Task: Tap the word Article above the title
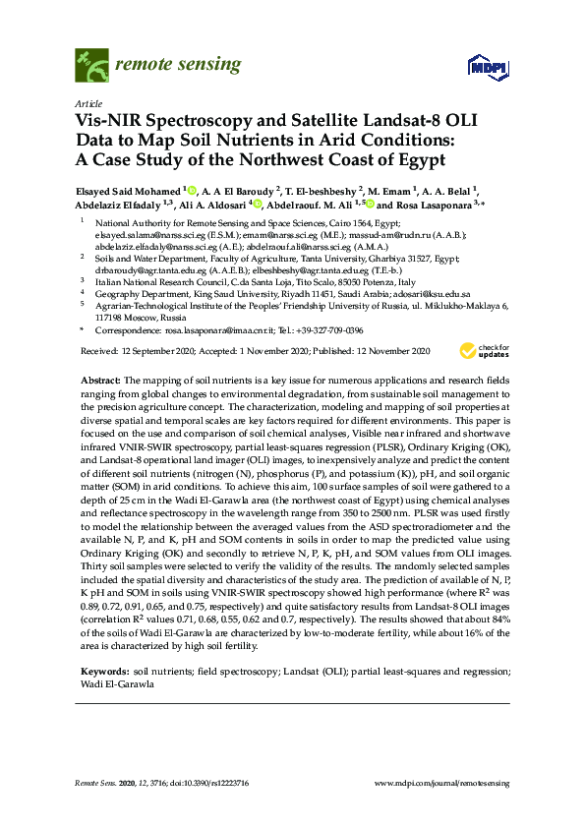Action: [87, 102]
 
